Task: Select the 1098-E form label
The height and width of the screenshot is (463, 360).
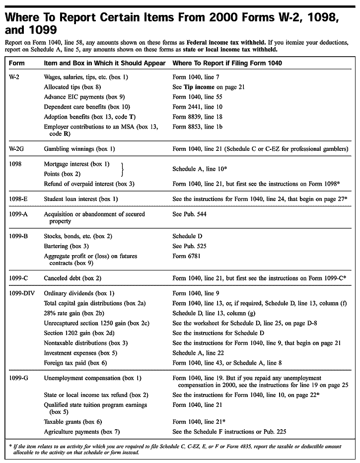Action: [x=19, y=199]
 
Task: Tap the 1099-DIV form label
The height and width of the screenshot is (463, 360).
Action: [x=22, y=293]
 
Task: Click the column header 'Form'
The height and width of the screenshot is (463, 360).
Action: [x=17, y=64]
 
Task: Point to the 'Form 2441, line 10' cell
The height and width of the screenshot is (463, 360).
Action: [x=197, y=107]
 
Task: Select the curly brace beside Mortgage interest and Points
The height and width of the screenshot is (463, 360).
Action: [x=123, y=169]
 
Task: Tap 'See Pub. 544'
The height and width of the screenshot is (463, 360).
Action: [x=189, y=214]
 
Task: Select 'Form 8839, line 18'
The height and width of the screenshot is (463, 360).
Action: [x=197, y=117]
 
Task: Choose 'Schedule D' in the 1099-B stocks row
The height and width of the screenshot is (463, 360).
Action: [x=187, y=236]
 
